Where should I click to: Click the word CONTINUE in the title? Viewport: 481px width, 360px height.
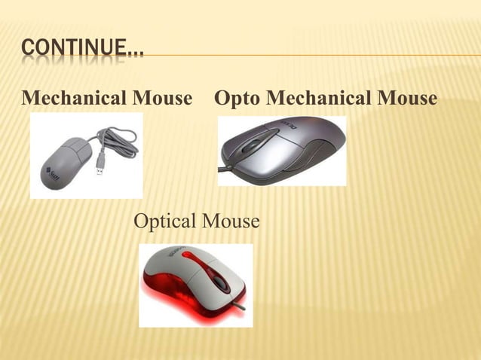click(72, 50)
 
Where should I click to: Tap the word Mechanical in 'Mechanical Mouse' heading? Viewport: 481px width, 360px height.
click(75, 99)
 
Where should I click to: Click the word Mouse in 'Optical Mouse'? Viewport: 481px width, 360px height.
click(231, 222)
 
